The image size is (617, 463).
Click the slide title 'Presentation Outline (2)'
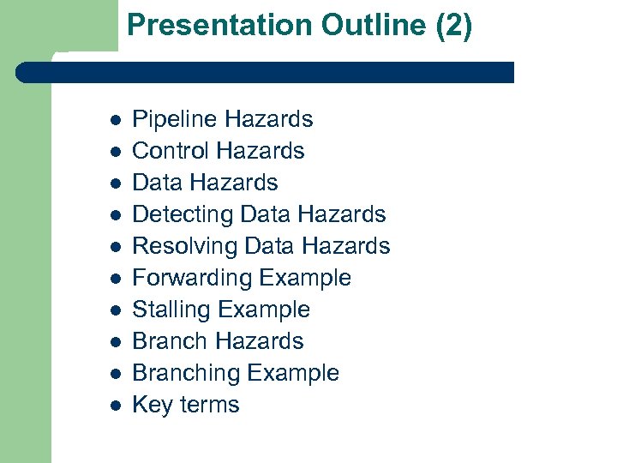click(x=299, y=27)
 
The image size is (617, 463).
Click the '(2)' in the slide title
click(x=453, y=27)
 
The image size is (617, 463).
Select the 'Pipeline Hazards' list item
click(x=222, y=119)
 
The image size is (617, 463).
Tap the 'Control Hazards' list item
click(x=218, y=151)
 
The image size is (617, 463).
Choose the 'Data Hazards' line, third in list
click(x=205, y=183)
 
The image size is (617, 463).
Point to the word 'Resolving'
click(x=184, y=246)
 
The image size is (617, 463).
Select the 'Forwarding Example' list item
click(x=241, y=278)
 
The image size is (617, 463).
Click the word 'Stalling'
click(x=172, y=310)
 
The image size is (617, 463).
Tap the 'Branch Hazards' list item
click(x=218, y=341)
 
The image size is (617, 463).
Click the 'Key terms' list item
click(x=185, y=405)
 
